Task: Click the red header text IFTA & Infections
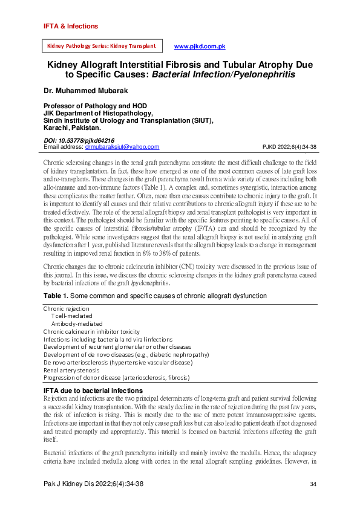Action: pos(70,27)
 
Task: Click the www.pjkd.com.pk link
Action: pos(200,47)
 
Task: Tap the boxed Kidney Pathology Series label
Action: pos(101,46)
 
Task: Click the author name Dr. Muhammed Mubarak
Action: pos(85,91)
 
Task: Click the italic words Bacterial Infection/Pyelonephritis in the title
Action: pos(223,75)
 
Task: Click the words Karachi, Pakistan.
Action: pos(72,128)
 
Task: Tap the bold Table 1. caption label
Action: pos(56,296)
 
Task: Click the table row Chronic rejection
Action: pos(66,308)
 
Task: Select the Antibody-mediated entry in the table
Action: pos(77,323)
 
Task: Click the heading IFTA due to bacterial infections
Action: pos(93,391)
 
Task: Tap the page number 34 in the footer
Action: pos(313,484)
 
